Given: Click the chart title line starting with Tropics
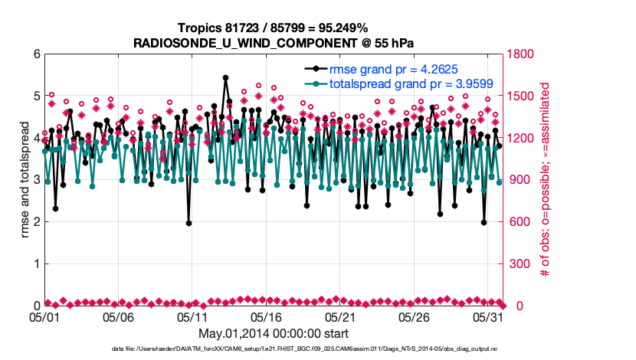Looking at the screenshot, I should pyautogui.click(x=273, y=28).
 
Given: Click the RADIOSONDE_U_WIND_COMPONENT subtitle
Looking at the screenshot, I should pyautogui.click(x=273, y=42).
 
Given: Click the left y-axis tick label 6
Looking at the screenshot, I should pyautogui.click(x=36, y=54).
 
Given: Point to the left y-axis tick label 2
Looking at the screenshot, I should pyautogui.click(x=36, y=222).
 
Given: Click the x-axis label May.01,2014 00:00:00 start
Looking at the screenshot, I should pyautogui.click(x=274, y=333).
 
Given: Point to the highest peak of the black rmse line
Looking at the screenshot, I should pyautogui.click(x=225, y=77).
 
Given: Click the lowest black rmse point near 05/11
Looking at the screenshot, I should pyautogui.click(x=189, y=223).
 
